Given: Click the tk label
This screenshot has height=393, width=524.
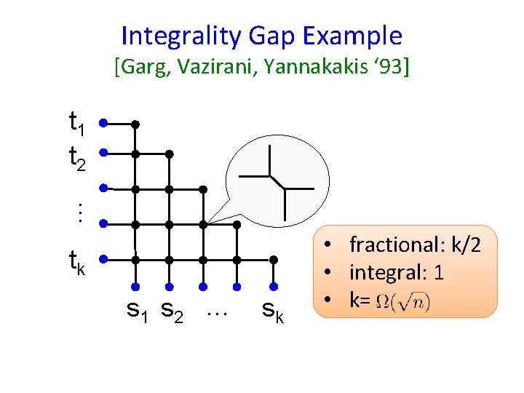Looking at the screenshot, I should pyautogui.click(x=76, y=261).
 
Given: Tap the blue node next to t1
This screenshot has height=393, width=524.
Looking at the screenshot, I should pyautogui.click(x=104, y=123).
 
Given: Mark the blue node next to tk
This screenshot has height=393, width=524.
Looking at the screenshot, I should pyautogui.click(x=104, y=258).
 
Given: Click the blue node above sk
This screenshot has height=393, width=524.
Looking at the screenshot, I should pyautogui.click(x=273, y=286).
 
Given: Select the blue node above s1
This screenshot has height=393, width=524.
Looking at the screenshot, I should pyautogui.click(x=135, y=286).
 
